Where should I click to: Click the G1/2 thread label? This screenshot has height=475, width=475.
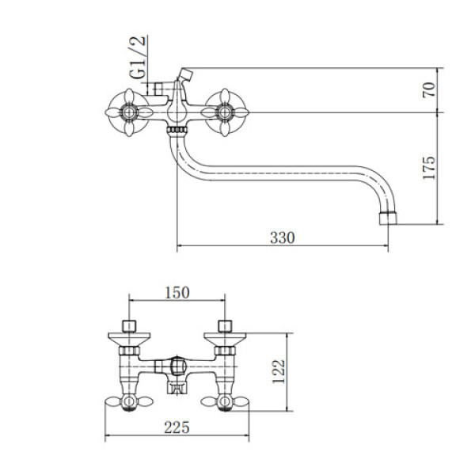(x=138, y=58)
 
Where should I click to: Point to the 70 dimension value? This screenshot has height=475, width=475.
(x=428, y=90)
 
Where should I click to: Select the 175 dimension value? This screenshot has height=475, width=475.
(x=428, y=168)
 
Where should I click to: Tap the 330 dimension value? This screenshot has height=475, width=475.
(x=283, y=237)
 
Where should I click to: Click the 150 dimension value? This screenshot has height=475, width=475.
(x=177, y=293)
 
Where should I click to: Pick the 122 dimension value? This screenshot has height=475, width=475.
(x=279, y=372)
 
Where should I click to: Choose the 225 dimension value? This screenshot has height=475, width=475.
(x=177, y=427)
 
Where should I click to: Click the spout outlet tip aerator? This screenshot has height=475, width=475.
(x=388, y=218)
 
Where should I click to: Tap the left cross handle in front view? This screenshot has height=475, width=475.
(x=129, y=112)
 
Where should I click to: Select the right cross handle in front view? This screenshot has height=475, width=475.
(x=225, y=112)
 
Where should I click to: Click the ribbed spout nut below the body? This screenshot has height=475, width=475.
(x=177, y=131)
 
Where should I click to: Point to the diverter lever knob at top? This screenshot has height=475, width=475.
(x=186, y=74)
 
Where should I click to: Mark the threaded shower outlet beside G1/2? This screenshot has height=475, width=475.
(x=158, y=89)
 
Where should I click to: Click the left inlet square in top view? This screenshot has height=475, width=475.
(x=129, y=326)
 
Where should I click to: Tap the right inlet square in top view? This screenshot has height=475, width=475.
(x=225, y=326)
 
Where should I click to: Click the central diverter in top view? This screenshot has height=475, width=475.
(x=177, y=366)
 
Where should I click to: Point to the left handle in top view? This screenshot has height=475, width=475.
(x=129, y=402)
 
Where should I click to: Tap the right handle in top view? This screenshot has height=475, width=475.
(x=225, y=402)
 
